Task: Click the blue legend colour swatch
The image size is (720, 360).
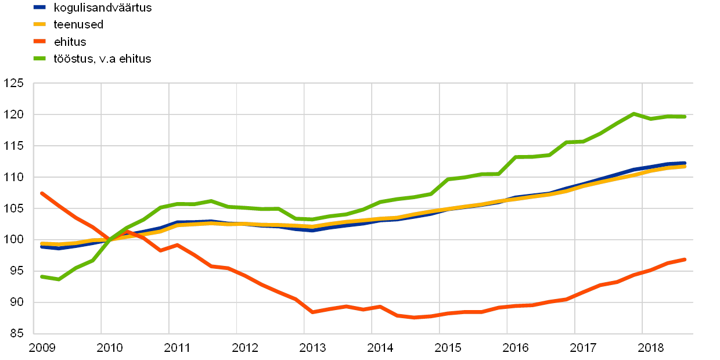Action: [39, 8]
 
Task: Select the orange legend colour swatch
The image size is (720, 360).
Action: [39, 41]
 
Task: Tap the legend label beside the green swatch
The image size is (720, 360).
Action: [103, 59]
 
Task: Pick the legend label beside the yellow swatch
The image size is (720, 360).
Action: [78, 24]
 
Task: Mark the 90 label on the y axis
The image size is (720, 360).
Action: [16, 303]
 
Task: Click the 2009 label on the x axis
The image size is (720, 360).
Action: [42, 347]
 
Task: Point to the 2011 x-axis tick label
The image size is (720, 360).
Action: [177, 347]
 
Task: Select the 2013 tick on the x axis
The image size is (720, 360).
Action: [312, 347]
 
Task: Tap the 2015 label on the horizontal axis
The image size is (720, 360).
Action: [448, 347]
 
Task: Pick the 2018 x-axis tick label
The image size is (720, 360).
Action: [650, 347]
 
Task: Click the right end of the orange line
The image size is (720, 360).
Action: [685, 259]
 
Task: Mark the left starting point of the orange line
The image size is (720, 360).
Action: [42, 193]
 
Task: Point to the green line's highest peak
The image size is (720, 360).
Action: [633, 113]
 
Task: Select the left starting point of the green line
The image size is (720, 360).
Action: [42, 276]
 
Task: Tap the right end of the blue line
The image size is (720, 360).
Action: [685, 163]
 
